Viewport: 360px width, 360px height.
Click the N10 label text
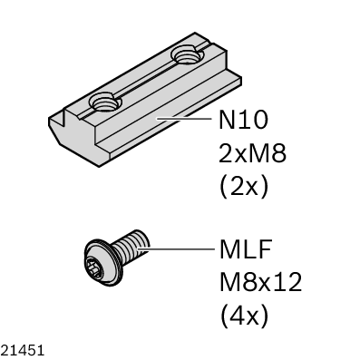tap(243, 120)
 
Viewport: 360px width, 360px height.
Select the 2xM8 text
tap(252, 153)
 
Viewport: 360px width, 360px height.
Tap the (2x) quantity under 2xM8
tap(244, 188)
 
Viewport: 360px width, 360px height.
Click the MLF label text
tap(246, 248)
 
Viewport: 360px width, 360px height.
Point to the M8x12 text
tap(260, 282)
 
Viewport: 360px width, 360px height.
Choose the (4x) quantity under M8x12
tap(244, 316)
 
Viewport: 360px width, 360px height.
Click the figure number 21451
tap(23, 351)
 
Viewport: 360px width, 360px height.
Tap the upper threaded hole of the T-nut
tap(187, 54)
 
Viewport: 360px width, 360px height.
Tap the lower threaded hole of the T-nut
tap(105, 103)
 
